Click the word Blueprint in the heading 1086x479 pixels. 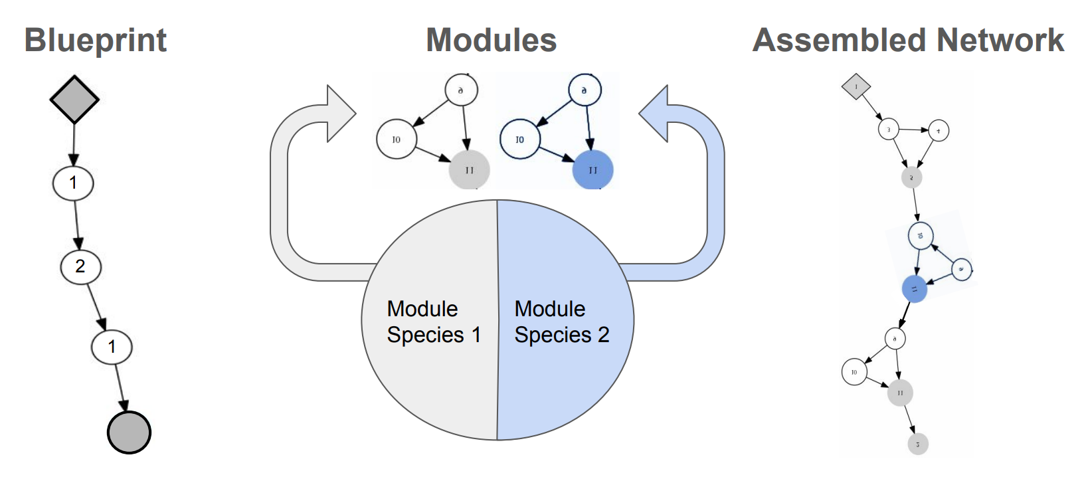pos(95,41)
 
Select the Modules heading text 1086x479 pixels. pos(491,41)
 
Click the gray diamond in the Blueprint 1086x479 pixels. pos(74,100)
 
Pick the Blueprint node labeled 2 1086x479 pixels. pos(80,266)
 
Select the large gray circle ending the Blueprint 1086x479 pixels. pos(129,432)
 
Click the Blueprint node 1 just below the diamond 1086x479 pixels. pos(73,183)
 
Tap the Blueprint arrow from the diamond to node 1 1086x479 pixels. pos(74,144)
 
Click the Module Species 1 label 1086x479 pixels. pos(433,322)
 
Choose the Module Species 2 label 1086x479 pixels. pos(561,322)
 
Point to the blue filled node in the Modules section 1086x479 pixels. pos(592,170)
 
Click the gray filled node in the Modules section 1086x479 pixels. pos(469,170)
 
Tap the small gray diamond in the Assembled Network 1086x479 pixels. pos(856,86)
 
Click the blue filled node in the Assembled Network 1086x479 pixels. pos(914,289)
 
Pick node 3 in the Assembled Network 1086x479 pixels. pos(889,129)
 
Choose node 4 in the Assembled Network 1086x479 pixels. pos(938,131)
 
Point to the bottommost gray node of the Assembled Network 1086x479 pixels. pos(917,444)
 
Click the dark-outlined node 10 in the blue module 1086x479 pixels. pos(519,140)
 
